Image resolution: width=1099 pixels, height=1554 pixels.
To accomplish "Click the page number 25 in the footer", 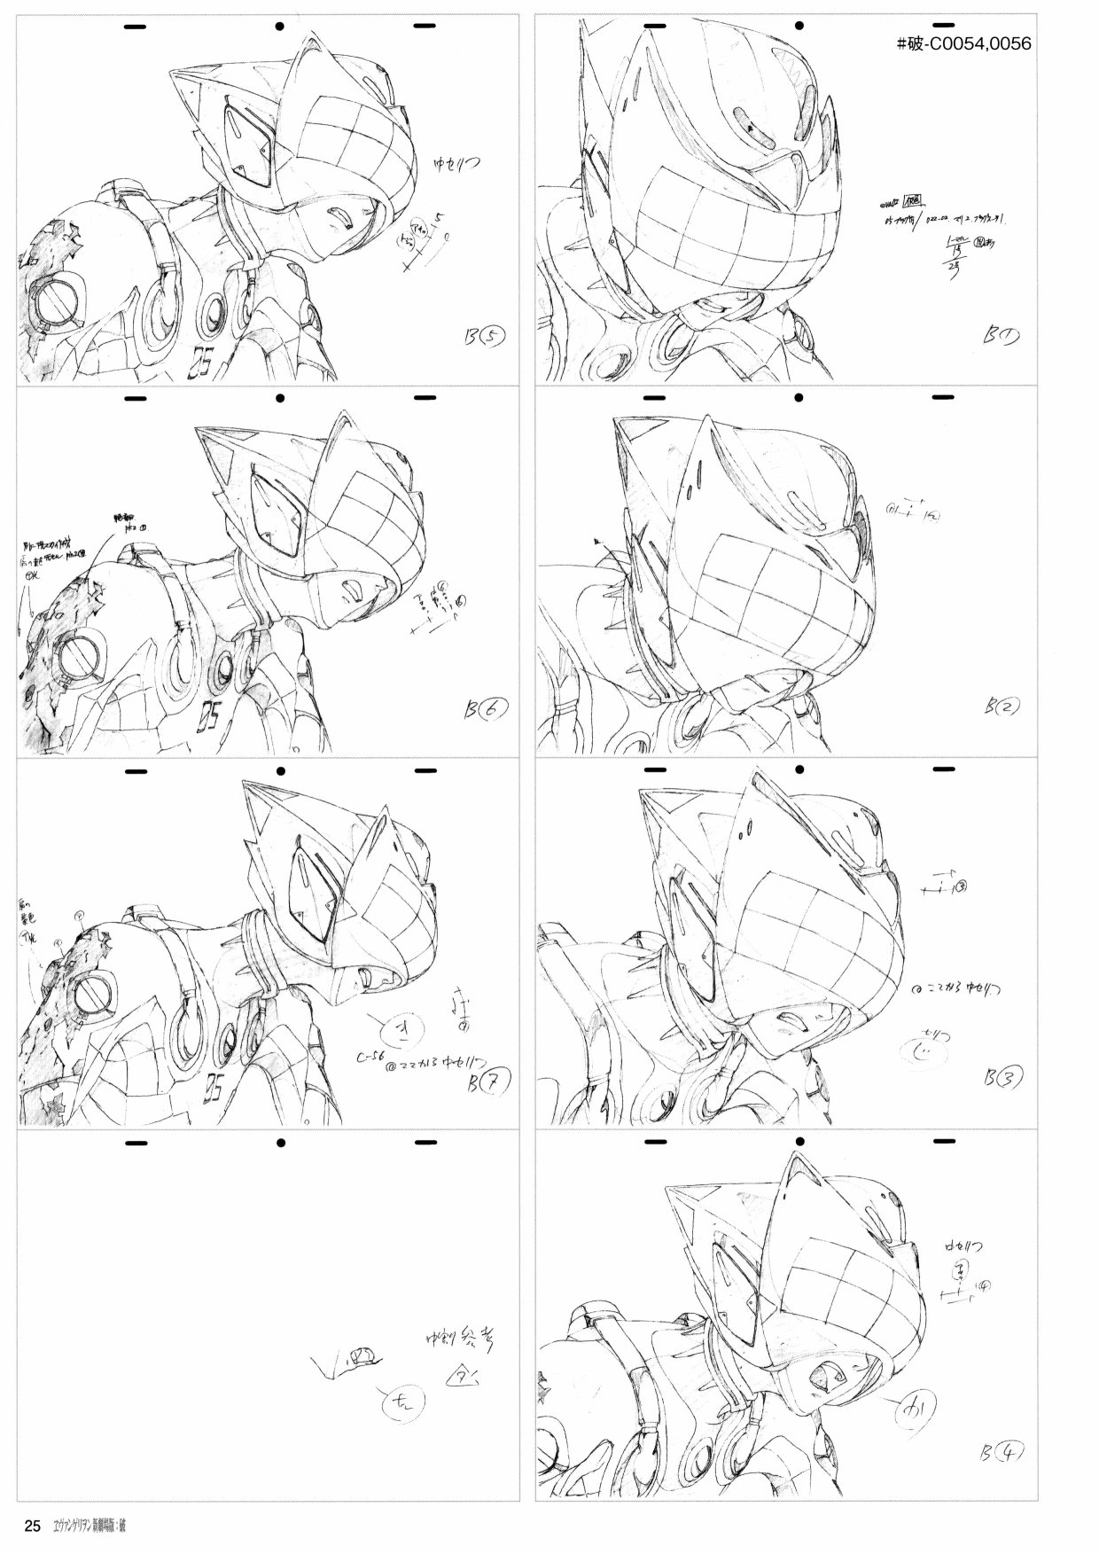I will click(x=32, y=1527).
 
